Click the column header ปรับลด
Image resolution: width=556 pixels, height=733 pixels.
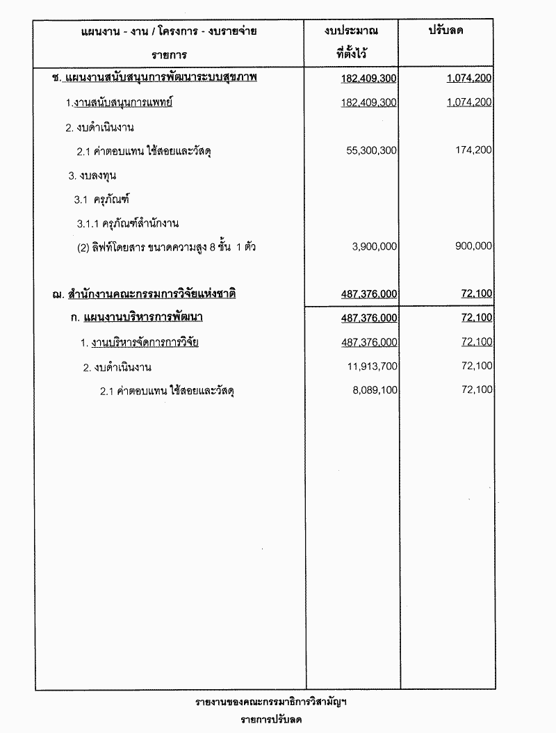[447, 31]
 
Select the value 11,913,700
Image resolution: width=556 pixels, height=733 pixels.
[370, 366]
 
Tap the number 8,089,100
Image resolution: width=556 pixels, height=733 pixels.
[373, 391]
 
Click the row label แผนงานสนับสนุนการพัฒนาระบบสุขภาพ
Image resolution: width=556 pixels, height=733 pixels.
[160, 78]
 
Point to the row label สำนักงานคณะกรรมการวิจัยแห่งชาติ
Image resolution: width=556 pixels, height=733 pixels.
[152, 294]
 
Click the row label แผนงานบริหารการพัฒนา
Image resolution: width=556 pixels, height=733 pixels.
[147, 318]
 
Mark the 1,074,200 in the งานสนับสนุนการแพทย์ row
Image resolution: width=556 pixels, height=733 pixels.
[470, 102]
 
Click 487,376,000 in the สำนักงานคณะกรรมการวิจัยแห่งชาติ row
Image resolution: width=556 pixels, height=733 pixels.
[369, 294]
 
